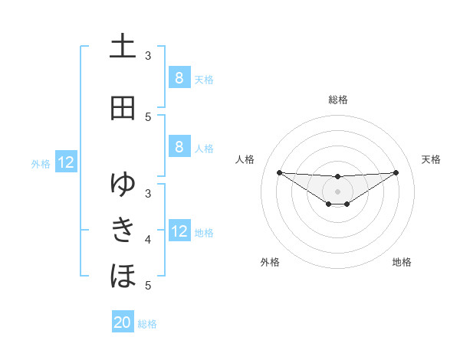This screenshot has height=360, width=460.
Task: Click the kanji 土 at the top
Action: click(x=123, y=47)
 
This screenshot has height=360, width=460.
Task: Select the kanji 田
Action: click(x=123, y=108)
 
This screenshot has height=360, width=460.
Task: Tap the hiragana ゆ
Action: click(x=123, y=185)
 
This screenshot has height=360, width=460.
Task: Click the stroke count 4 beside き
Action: click(x=148, y=240)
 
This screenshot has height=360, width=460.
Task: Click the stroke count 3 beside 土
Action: click(x=148, y=56)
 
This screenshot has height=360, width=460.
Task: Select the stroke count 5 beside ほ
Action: click(x=148, y=286)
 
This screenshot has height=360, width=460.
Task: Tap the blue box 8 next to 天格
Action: click(x=179, y=77)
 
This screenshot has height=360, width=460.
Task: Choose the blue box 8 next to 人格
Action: click(x=179, y=146)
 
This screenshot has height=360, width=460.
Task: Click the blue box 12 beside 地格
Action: click(x=179, y=231)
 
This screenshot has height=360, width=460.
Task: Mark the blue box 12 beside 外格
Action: click(x=66, y=162)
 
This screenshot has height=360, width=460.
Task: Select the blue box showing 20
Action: click(x=123, y=322)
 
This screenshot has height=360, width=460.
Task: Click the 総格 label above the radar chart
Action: click(x=338, y=100)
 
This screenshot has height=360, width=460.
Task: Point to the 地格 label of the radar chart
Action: click(x=402, y=263)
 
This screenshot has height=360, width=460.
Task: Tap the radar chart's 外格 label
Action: click(x=270, y=263)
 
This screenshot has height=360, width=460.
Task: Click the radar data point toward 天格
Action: click(x=396, y=172)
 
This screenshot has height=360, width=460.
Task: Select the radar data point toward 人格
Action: click(x=279, y=172)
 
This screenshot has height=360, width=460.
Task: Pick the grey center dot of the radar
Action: click(x=338, y=191)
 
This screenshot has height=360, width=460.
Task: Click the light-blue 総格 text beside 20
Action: click(x=147, y=324)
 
